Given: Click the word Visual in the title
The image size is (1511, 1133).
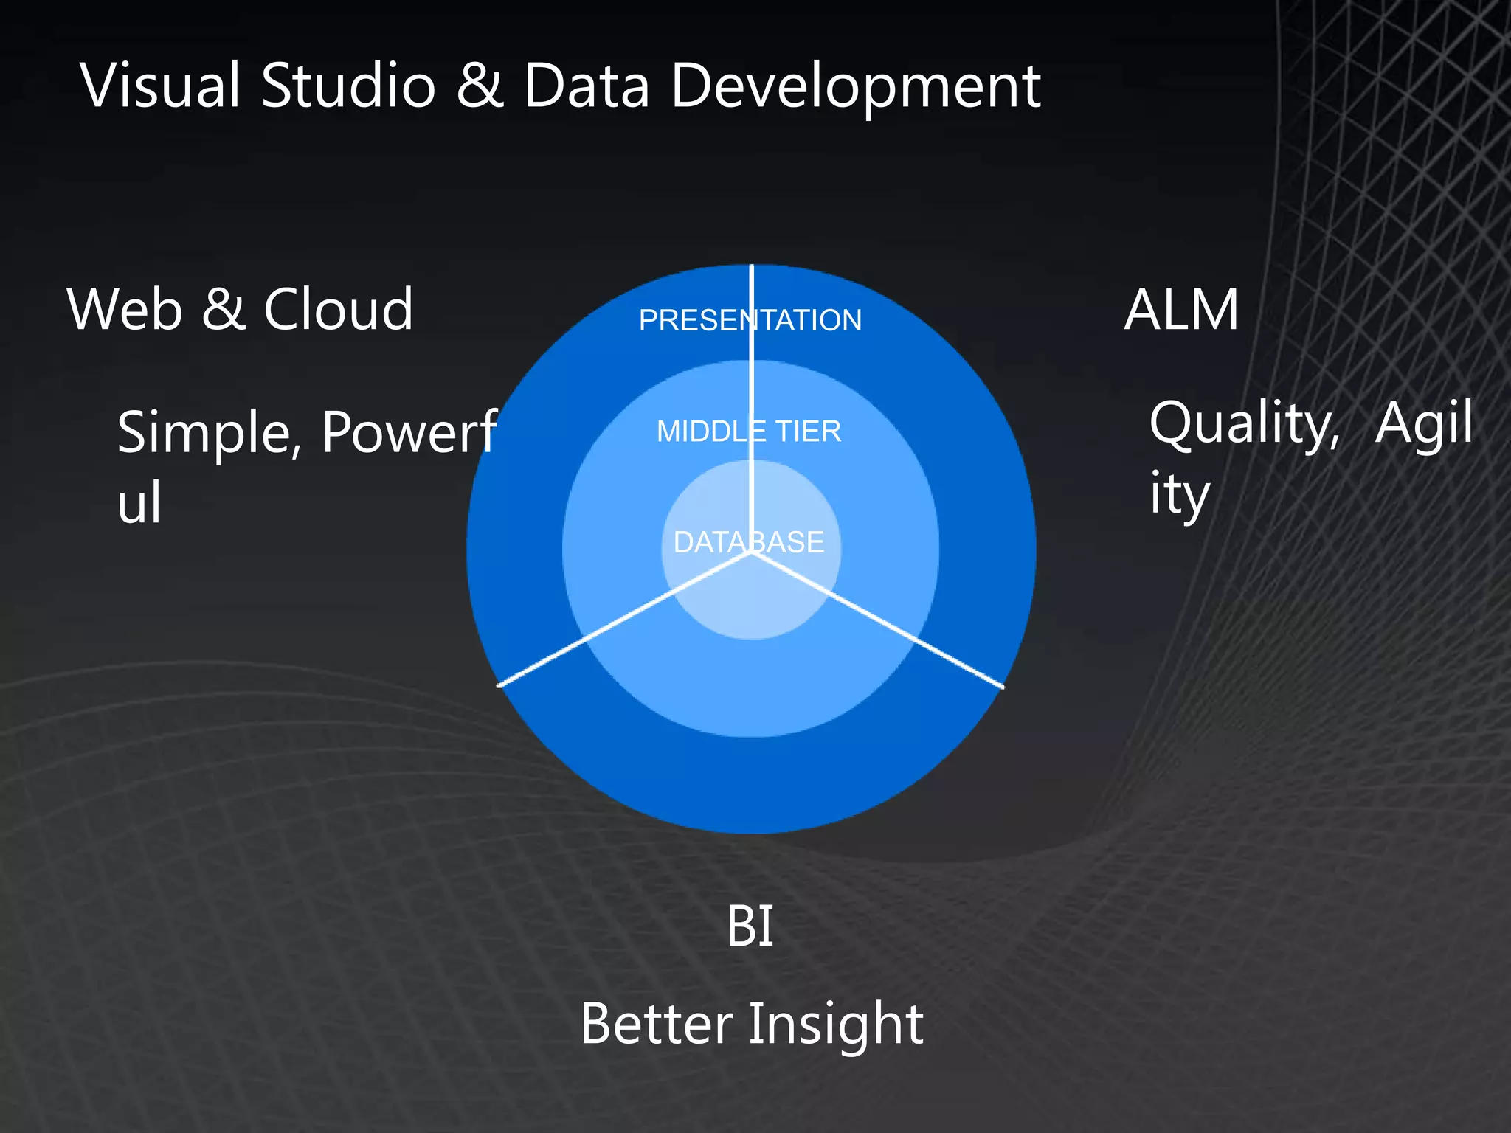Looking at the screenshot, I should point(160,86).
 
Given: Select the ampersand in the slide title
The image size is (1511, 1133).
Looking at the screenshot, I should point(479,86).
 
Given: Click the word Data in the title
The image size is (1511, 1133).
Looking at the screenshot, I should point(587,86).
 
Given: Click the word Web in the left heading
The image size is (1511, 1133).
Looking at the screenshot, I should point(125,309).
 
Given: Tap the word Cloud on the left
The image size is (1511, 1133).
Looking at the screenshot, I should point(338,309).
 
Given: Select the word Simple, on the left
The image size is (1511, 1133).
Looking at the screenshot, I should point(210,434).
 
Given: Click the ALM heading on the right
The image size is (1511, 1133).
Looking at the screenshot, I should point(1180,310).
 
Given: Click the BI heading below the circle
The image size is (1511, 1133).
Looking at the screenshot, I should point(750,926).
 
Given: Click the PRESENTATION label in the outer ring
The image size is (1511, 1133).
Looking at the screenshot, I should point(750,320).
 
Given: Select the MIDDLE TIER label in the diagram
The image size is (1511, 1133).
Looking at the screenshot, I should point(748,432).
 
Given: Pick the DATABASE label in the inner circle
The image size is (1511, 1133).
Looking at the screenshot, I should point(748,543).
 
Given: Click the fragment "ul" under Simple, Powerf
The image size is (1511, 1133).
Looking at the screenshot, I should point(139,503).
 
